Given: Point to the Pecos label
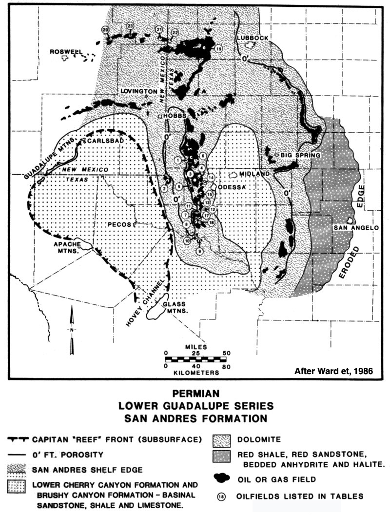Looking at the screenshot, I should click(119, 224).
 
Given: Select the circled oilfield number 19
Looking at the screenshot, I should click(218, 49).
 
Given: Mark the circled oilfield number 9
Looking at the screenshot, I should click(199, 251).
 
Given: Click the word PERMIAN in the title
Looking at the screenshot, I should click(195, 393).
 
